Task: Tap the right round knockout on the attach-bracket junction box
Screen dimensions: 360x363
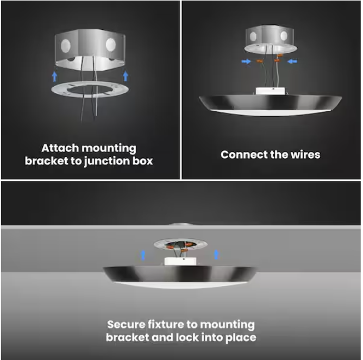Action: click(x=111, y=43)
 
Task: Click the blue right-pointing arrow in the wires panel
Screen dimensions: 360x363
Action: click(x=246, y=62)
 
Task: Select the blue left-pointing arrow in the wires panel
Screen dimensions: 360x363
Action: click(x=293, y=62)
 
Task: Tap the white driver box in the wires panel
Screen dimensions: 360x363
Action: click(x=270, y=92)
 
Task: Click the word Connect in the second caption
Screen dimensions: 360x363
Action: click(x=243, y=155)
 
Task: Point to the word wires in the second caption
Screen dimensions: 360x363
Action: click(x=305, y=155)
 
